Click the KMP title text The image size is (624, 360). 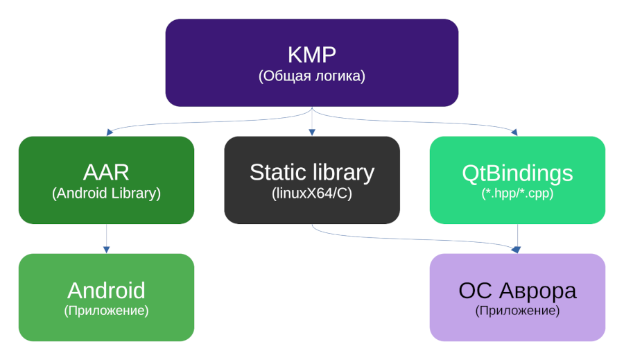coord(311,55)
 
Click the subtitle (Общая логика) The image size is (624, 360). coord(311,76)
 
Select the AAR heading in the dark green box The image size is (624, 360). coord(106,172)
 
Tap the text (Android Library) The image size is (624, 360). coord(106,194)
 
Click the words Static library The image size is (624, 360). coord(311,172)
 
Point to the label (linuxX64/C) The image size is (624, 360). coord(311,194)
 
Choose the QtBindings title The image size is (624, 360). coord(517,172)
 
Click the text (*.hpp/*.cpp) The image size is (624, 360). coord(517,194)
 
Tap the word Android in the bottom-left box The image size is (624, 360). coord(106,290)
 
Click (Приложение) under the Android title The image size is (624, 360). coord(106,311)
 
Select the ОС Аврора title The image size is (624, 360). coord(517,290)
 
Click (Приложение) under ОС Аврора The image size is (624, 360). coord(517,311)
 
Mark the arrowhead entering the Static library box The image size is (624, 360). coord(311,132)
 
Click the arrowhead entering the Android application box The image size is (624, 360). coord(106,250)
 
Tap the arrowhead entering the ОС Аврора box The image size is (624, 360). coord(517,250)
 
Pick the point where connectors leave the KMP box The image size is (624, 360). coord(311,108)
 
